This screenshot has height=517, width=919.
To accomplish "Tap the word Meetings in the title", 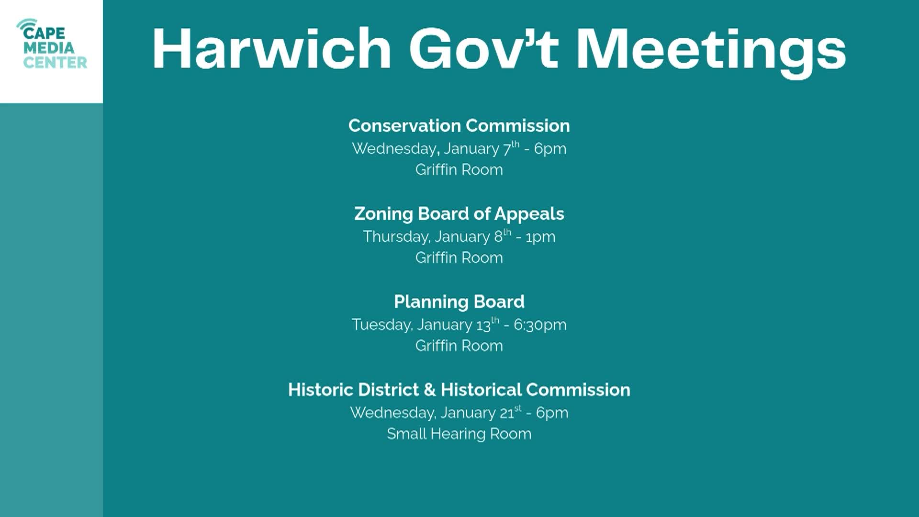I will coord(711,50).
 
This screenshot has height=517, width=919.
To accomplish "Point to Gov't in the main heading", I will coord(483,49).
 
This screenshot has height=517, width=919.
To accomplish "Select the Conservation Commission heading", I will coord(459,126).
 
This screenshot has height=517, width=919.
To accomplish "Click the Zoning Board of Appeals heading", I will coord(459,214).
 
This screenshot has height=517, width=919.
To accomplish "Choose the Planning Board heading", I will coord(459,302).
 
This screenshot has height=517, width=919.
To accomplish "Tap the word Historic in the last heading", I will coord(320,390).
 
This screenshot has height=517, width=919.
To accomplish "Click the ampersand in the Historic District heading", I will coord(429,390).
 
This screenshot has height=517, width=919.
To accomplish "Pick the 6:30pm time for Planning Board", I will coord(540,325).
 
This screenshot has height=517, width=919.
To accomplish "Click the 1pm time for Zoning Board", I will coord(540,237).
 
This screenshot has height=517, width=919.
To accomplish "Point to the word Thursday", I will coord(396,237).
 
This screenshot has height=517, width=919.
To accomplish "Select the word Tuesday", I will coord(382,325).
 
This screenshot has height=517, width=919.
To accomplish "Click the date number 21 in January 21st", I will coord(507,413).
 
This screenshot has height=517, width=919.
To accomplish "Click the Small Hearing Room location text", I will coord(459,434).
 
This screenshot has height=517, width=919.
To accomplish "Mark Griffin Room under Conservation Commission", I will coord(459,170).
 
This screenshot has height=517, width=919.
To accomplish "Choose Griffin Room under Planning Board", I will coord(459,346).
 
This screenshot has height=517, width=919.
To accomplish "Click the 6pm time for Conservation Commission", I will coord(550,149).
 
